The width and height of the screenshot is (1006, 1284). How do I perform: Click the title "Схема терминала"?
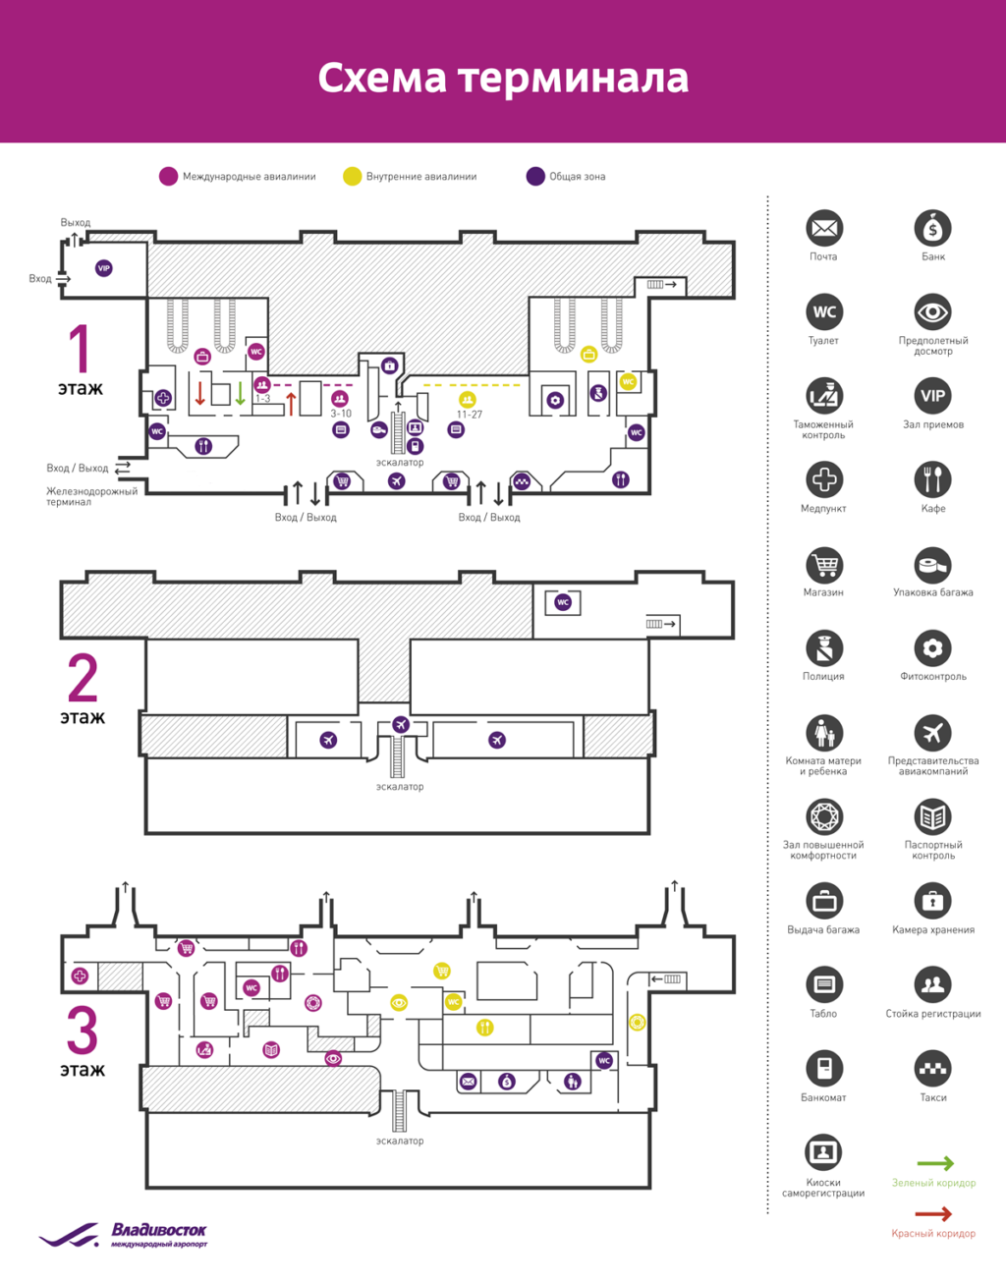pos(503,79)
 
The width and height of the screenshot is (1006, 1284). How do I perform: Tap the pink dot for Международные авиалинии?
pos(168,176)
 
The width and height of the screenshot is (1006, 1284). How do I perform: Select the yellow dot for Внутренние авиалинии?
pos(352,176)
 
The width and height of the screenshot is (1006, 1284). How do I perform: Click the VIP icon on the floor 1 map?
pos(103,268)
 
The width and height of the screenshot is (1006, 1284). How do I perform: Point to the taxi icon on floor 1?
pos(522,481)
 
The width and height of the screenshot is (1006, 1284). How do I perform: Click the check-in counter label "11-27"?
pos(469,415)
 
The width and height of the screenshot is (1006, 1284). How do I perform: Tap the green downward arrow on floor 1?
pos(239,393)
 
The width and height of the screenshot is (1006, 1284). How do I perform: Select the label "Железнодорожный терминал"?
pos(92,496)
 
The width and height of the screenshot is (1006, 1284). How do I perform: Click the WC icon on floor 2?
pos(563,602)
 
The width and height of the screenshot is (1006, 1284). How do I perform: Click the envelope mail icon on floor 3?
pos(469,1082)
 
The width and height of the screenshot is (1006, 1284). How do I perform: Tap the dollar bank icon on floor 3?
pos(506,1082)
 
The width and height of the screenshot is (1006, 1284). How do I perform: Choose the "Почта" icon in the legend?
pos(824,229)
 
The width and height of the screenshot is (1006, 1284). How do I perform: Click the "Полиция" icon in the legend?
pos(824,648)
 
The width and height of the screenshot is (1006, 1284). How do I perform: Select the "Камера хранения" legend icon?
pos(932,900)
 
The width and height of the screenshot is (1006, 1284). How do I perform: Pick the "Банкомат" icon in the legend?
pos(824,1068)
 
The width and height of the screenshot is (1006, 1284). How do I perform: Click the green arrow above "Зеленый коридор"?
pos(934,1163)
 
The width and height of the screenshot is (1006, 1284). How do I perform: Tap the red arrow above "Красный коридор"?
pos(934,1214)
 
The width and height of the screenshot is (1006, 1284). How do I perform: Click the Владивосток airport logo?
pos(124,1235)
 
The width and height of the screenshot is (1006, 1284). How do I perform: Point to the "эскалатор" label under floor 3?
pos(400,1141)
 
